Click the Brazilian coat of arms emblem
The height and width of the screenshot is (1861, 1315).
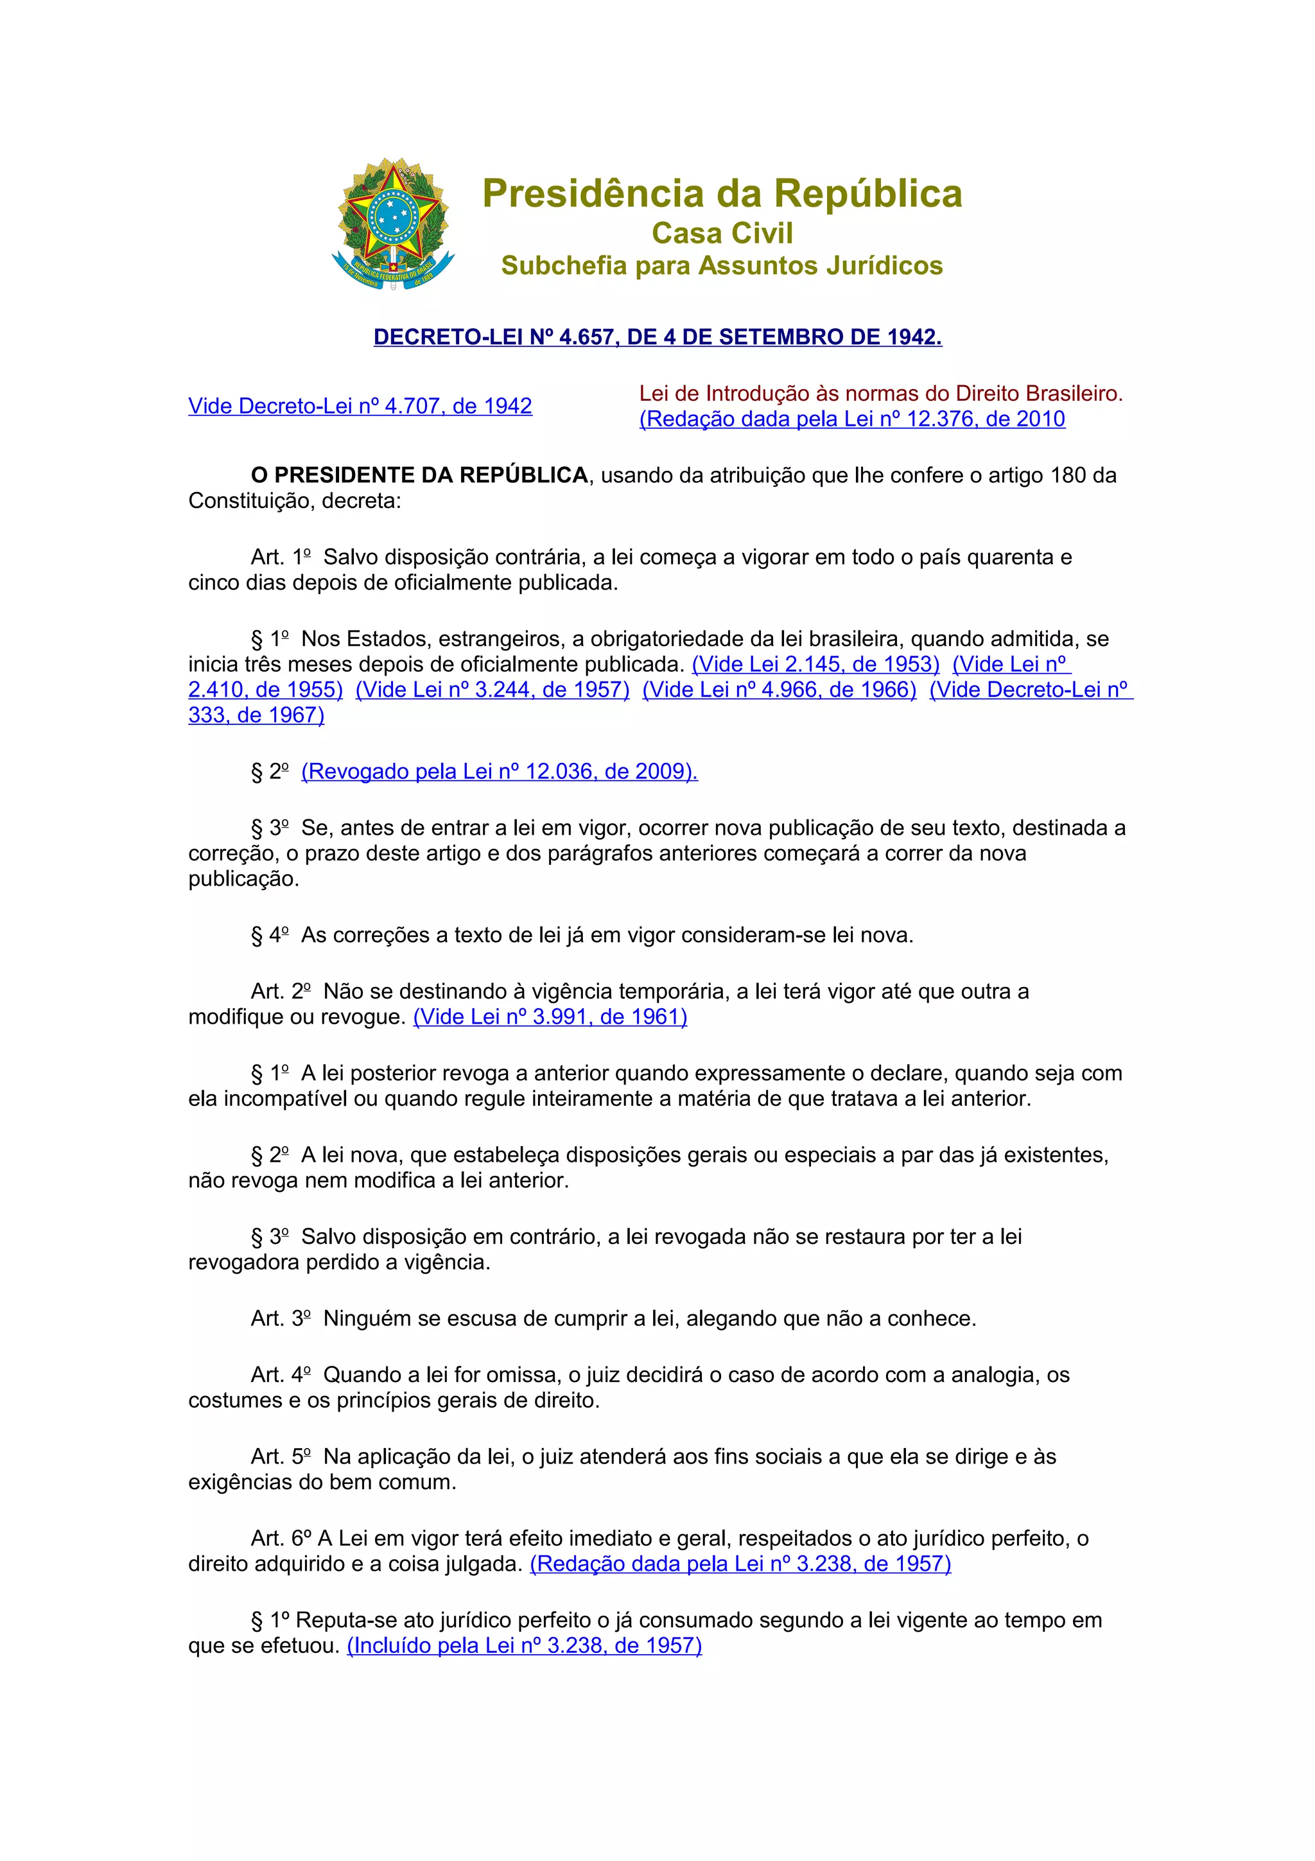coord(393,225)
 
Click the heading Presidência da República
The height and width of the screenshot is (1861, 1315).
coord(722,194)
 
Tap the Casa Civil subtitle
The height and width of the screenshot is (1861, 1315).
coord(722,234)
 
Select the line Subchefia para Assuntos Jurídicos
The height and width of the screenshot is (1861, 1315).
coord(722,266)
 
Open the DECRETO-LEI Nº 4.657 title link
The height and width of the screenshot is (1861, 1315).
coord(657,337)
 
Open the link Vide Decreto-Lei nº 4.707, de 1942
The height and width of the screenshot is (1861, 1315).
coord(360,406)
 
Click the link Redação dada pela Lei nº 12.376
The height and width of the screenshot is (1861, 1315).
coord(851,419)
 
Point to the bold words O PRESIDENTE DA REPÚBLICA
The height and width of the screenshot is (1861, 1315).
coord(420,475)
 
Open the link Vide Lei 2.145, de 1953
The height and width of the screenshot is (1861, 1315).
coord(815,665)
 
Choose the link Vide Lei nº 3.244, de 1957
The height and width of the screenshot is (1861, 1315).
coord(492,690)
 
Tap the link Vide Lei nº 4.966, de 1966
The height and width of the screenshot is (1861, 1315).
coord(779,690)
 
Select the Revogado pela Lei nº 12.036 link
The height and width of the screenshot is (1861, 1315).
coord(499,772)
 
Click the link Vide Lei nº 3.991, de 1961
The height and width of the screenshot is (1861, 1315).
coord(550,1017)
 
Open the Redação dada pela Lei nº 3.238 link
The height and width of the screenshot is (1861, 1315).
coord(740,1564)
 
